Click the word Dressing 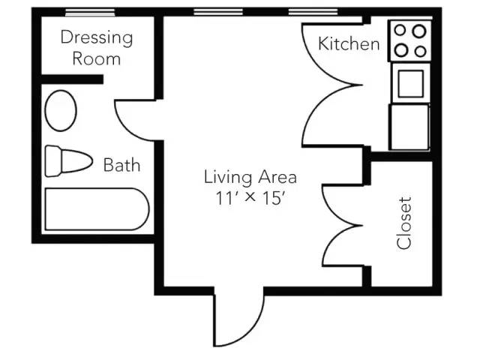[97, 38]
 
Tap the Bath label [121, 165]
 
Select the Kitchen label [349, 43]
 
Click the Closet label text [403, 223]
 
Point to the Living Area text [250, 177]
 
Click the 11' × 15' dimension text [252, 198]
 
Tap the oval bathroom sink [61, 110]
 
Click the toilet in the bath [68, 161]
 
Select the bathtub [97, 209]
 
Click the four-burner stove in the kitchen [410, 40]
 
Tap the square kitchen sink [411, 83]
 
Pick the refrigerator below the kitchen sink [409, 127]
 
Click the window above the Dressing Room [90, 13]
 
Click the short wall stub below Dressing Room [72, 79]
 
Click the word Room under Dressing [97, 58]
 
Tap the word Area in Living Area [277, 177]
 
